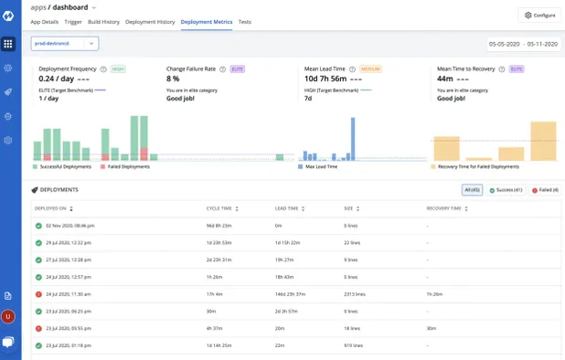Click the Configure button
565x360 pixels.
[x=539, y=15]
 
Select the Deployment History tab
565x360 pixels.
[x=150, y=21]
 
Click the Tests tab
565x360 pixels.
[x=245, y=21]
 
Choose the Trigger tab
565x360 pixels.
[x=73, y=21]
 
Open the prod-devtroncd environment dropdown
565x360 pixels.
[x=65, y=43]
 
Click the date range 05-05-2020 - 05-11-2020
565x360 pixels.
[x=523, y=43]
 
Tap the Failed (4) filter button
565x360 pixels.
[x=545, y=190]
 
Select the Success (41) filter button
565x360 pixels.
[x=505, y=190]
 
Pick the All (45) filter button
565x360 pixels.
[x=472, y=190]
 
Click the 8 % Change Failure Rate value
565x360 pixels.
[x=173, y=79]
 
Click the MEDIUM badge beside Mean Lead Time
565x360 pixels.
[x=371, y=69]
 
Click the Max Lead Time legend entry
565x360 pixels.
[x=321, y=166]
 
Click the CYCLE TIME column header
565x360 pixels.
[x=220, y=208]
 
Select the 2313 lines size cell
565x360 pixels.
[x=355, y=294]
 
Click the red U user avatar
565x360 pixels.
[x=8, y=316]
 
